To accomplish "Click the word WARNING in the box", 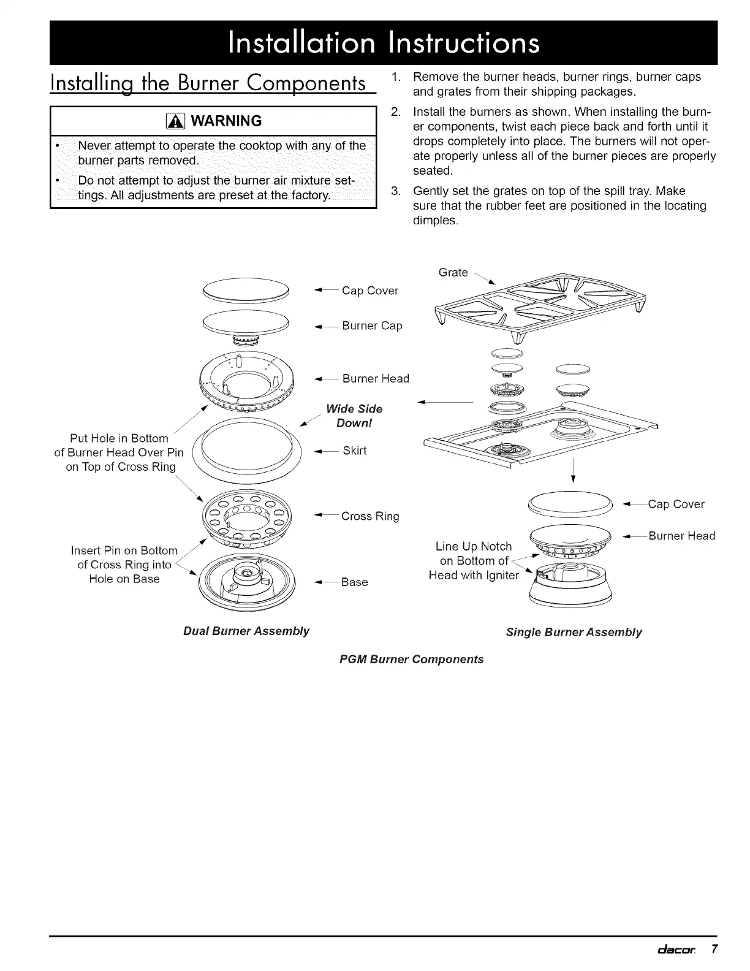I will click(x=226, y=121).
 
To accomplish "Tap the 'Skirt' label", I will click(x=354, y=451).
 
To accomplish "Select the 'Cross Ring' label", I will click(x=370, y=516).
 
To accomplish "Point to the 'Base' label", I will click(x=354, y=582).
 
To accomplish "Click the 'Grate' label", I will click(x=453, y=272).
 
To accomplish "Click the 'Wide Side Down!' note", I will click(x=354, y=416).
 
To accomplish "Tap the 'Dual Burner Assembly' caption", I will click(x=246, y=631).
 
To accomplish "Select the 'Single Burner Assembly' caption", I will click(x=574, y=632).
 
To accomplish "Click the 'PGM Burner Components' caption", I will click(x=411, y=659).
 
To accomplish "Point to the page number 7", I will click(x=714, y=949).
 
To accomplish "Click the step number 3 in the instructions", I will click(x=395, y=191).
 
